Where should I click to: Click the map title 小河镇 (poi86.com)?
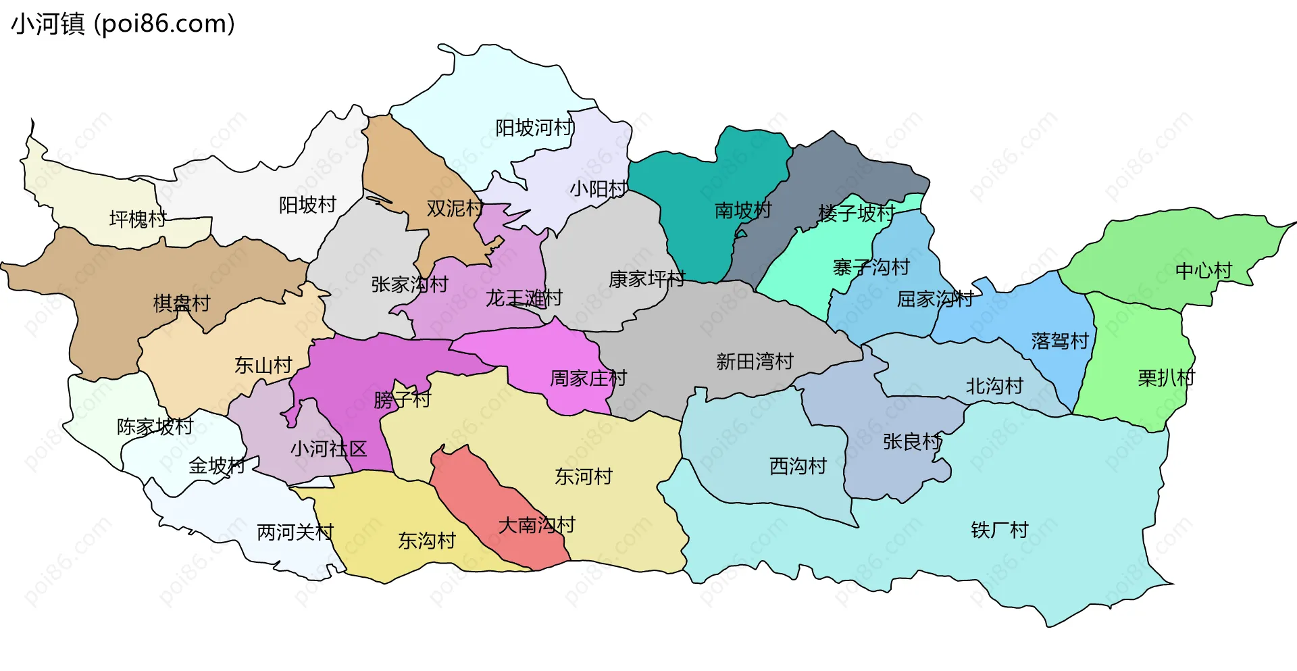pyautogui.click(x=123, y=24)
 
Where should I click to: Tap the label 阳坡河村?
pyautogui.click(x=534, y=128)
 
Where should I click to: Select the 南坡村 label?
pyautogui.click(x=743, y=211)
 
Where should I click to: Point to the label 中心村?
pyautogui.click(x=1204, y=271)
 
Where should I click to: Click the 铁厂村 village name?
pyautogui.click(x=999, y=530)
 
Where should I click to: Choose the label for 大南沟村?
pyautogui.click(x=536, y=525)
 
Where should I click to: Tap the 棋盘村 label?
pyautogui.click(x=182, y=303)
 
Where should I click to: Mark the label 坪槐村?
pyautogui.click(x=138, y=219)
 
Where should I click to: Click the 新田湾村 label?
pyautogui.click(x=755, y=362)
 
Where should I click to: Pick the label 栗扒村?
pyautogui.click(x=1166, y=378)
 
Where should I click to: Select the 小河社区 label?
pyautogui.click(x=328, y=449)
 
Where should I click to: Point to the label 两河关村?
pyautogui.click(x=295, y=532)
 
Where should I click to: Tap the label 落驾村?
pyautogui.click(x=1060, y=341)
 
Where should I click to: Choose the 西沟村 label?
pyautogui.click(x=798, y=466)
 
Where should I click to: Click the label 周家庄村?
pyautogui.click(x=588, y=378)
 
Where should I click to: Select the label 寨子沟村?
pyautogui.click(x=871, y=268)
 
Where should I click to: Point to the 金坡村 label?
pyautogui.click(x=217, y=466)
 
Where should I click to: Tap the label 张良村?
pyautogui.click(x=912, y=442)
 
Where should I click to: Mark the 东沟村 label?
pyautogui.click(x=426, y=541)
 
